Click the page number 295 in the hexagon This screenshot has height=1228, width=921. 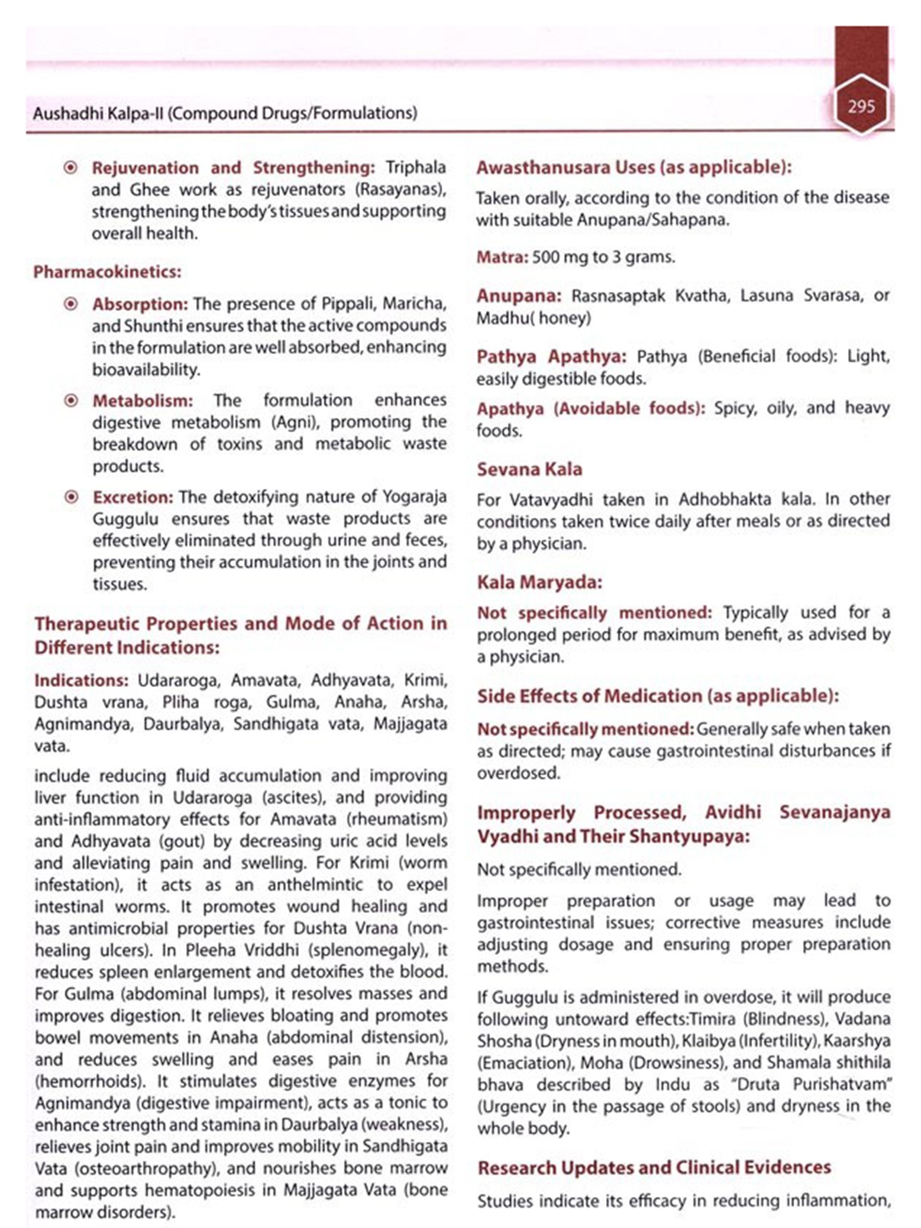point(861,107)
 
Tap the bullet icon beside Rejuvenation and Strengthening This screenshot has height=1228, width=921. point(71,168)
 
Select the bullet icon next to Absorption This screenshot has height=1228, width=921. point(71,304)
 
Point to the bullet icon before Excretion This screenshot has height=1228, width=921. point(71,497)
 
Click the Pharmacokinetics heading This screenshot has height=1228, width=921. point(107,272)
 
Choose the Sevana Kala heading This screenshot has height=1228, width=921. point(529,469)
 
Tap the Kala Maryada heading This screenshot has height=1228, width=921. point(539,582)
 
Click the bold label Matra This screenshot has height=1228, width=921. point(501,257)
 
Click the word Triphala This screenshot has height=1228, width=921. point(416,168)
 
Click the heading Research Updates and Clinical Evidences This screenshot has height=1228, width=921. point(654,1167)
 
